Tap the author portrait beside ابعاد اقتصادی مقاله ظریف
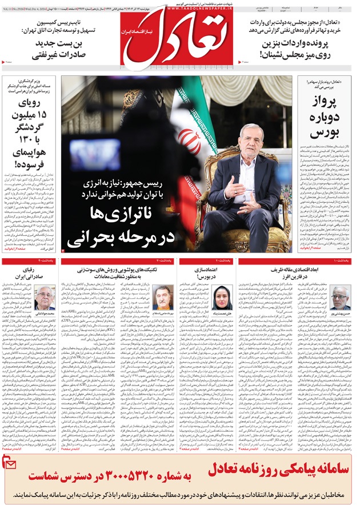pyautogui.click(x=340, y=298)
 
